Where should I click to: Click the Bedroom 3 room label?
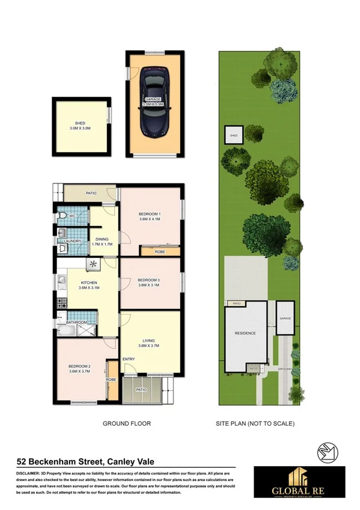(x=150, y=283)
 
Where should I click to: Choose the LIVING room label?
(x=150, y=343)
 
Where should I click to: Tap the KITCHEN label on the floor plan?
(x=88, y=285)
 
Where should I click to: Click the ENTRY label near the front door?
(x=129, y=360)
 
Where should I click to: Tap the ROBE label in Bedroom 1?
(x=160, y=252)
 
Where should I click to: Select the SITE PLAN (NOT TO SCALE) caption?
(x=255, y=424)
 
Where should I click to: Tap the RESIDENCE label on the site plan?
(x=245, y=333)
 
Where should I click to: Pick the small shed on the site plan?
(x=234, y=136)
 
